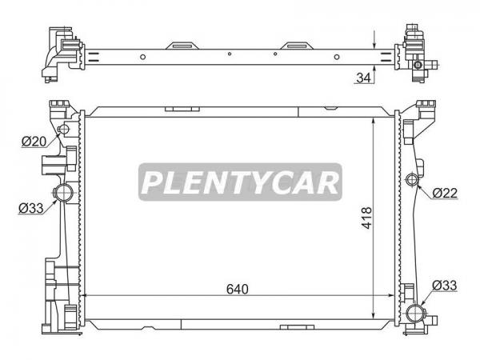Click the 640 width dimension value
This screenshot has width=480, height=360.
[x=238, y=289]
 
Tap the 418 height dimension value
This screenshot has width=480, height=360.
[x=366, y=218]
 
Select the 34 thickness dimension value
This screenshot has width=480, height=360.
[x=364, y=78]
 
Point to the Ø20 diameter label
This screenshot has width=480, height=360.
[x=34, y=142]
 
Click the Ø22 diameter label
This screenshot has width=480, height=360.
[x=445, y=193]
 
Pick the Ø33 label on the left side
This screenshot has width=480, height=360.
[x=31, y=208]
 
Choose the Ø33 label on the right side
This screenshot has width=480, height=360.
[x=444, y=286]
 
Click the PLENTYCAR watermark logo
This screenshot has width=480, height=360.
[x=240, y=182]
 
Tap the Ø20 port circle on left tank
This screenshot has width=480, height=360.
[x=63, y=129]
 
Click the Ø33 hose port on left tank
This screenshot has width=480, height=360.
[x=63, y=192]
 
